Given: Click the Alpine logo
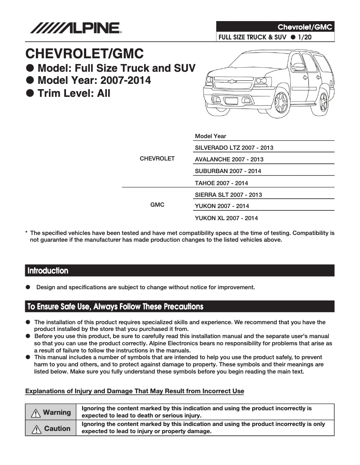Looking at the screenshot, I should coord(75,28).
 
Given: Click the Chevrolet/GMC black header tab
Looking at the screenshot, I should coord(275,27).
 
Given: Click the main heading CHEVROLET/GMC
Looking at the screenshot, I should coord(84,54).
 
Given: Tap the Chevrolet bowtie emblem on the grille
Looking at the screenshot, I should coord(233,82).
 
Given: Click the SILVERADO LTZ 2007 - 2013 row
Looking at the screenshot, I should coord(234,148).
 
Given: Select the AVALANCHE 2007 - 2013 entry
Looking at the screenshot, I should coord(229,159).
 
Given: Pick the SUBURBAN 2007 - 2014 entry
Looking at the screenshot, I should coord(228,171).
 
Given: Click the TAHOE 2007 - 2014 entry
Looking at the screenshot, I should coord(221,183).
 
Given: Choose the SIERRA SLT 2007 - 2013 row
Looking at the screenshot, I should coord(228,195).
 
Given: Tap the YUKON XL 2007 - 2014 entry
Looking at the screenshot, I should coord(226,218).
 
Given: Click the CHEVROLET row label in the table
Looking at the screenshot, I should coord(157,159).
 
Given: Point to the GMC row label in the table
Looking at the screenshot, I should coord(157,205).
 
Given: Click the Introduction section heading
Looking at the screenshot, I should coord(48,271).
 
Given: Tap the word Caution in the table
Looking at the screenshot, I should coord(57,428).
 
